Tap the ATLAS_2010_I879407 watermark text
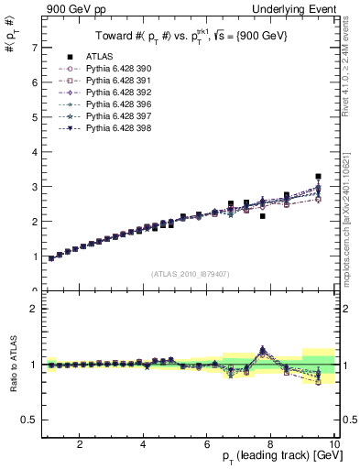click(x=190, y=272)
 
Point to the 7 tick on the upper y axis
click(x=35, y=47)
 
